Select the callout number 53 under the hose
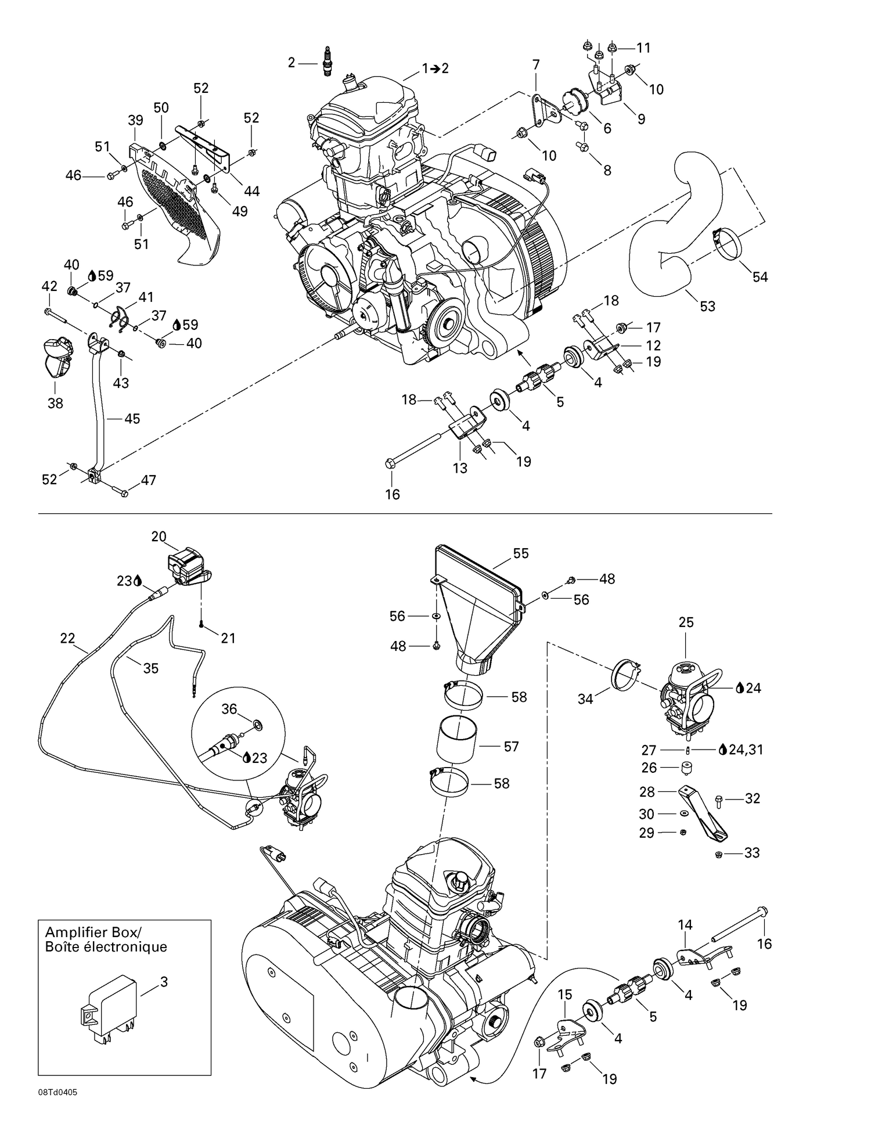click(x=707, y=306)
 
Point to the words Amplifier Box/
click(x=93, y=932)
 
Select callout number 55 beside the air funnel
click(x=521, y=553)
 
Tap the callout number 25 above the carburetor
click(x=686, y=622)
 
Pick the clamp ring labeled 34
click(x=627, y=674)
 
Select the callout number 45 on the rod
click(x=132, y=419)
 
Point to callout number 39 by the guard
click(x=135, y=120)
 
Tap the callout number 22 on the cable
click(x=67, y=638)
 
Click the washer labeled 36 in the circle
click(x=257, y=725)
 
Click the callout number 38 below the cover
click(x=55, y=403)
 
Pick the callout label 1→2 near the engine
click(x=435, y=69)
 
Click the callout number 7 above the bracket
click(x=536, y=64)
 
